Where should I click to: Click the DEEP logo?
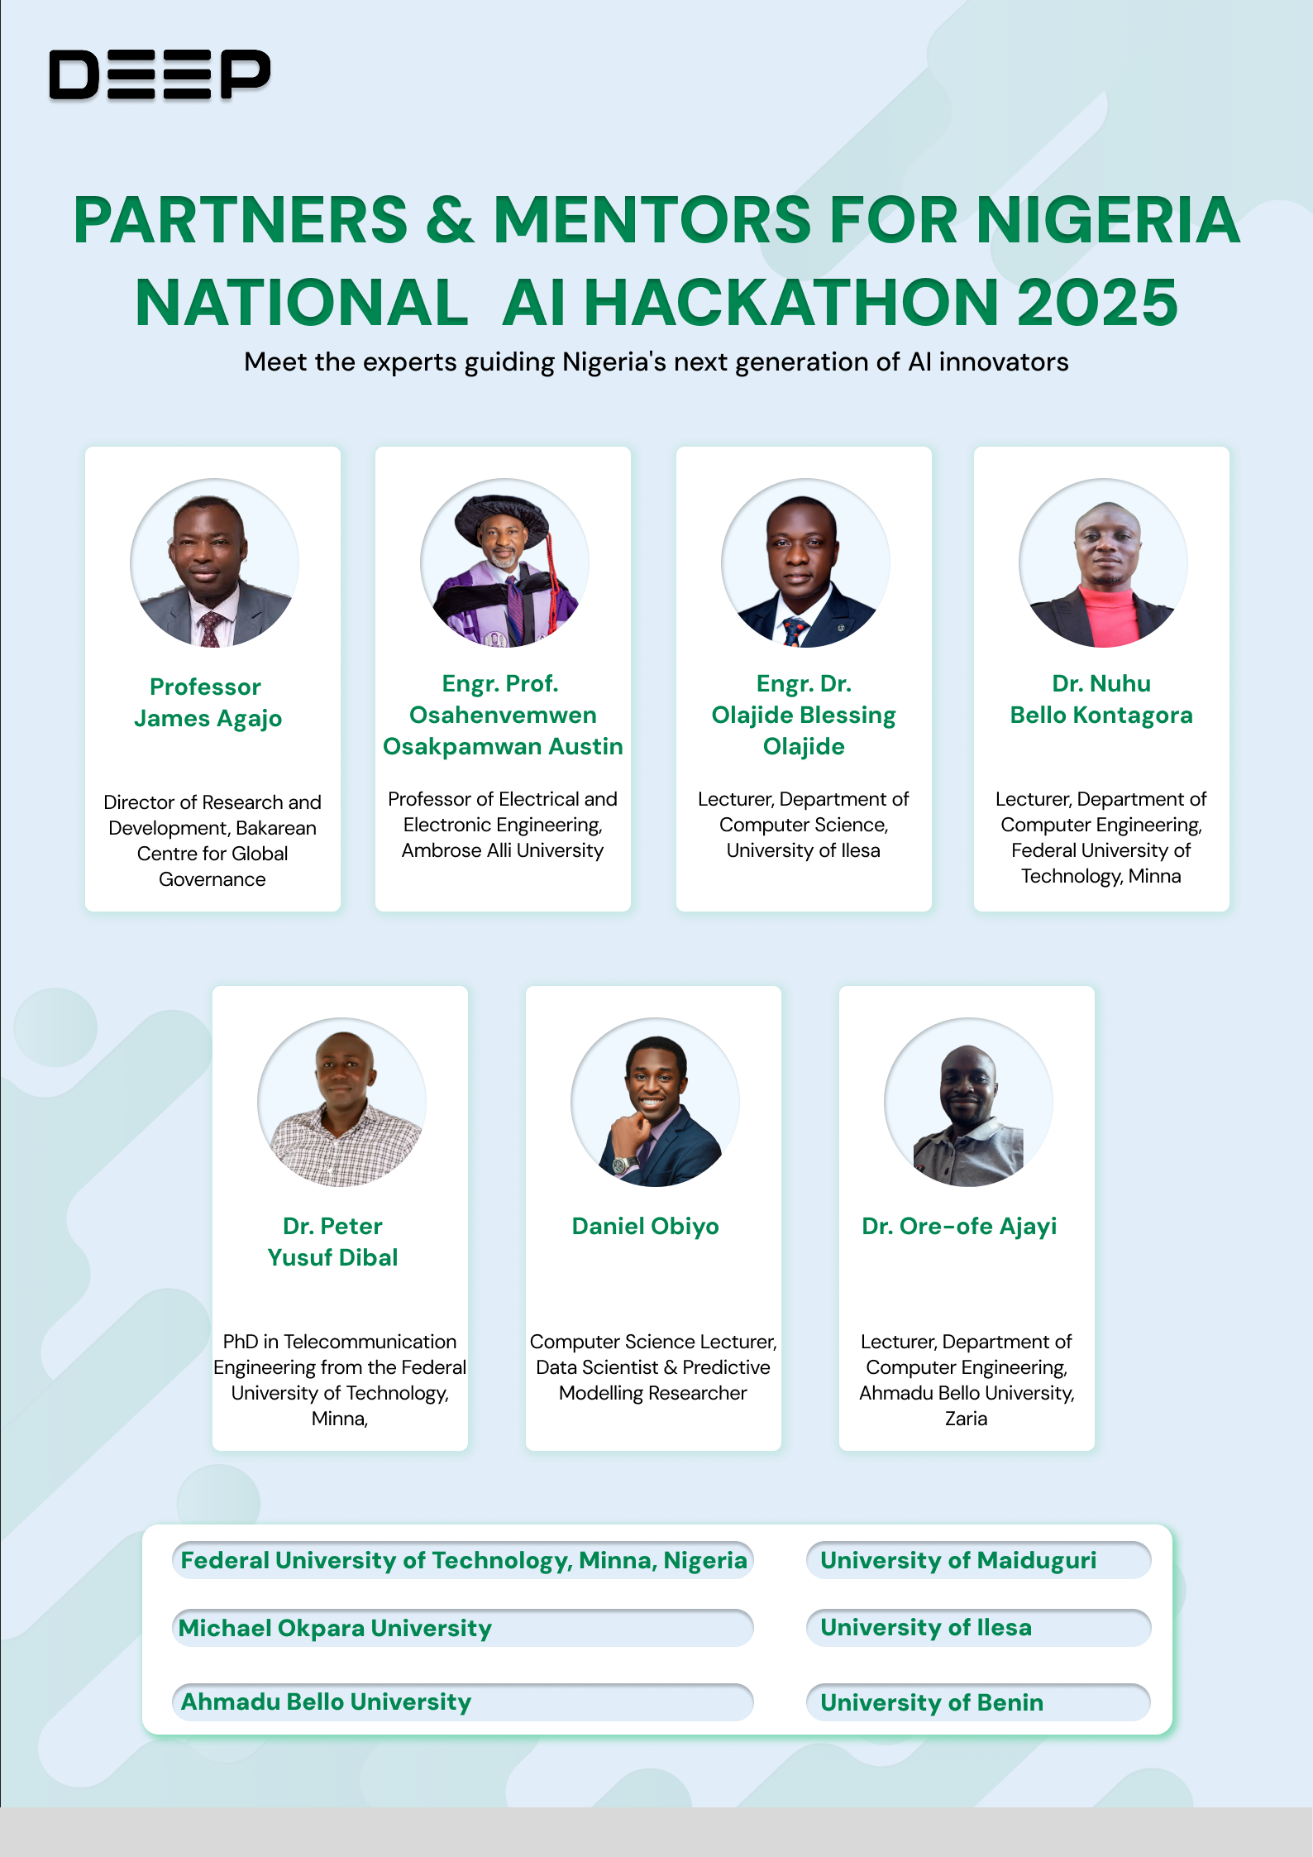[x=160, y=74]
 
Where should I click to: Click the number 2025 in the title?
[x=1096, y=303]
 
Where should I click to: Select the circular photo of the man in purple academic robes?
[x=504, y=562]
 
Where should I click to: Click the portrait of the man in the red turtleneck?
[x=1103, y=562]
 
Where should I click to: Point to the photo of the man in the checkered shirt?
[x=341, y=1102]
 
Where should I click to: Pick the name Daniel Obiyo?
[x=645, y=1226]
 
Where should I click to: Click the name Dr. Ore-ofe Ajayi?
[x=959, y=1226]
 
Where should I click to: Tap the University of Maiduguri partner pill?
[x=978, y=1560]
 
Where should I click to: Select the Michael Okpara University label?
[x=462, y=1628]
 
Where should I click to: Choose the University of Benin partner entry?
[x=978, y=1702]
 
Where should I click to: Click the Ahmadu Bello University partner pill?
[x=462, y=1701]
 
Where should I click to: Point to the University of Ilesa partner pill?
[x=978, y=1627]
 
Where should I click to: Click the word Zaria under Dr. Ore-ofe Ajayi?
[x=966, y=1419]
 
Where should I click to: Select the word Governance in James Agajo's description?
[x=212, y=879]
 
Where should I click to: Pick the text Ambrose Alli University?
[x=503, y=850]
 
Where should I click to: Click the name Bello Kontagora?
[x=1101, y=715]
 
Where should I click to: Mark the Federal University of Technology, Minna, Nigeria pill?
[x=462, y=1560]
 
